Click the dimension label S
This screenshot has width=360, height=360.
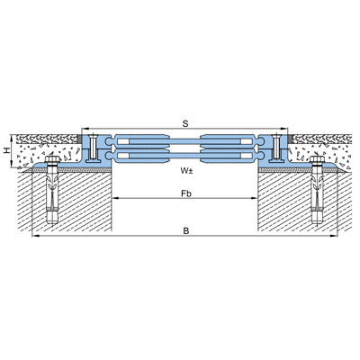185,123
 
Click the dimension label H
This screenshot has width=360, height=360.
6,151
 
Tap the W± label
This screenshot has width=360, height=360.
186,171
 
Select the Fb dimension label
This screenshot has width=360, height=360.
186,193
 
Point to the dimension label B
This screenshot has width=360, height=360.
186,231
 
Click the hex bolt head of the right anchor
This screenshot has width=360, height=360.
317,159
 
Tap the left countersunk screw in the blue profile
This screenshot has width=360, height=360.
93,147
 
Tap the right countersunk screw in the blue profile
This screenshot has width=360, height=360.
276,147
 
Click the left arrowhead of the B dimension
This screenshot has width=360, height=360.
35,236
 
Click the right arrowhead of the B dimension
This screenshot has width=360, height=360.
334,236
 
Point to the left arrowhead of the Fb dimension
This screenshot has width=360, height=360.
115,198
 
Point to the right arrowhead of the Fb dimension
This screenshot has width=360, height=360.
255,198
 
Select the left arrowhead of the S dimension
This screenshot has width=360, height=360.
85,129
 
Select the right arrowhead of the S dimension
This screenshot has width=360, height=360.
284,129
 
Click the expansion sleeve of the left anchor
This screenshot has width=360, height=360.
51,195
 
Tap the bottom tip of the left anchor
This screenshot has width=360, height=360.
51,223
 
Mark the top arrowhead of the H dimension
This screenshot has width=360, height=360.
12,137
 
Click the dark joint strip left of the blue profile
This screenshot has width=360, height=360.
80,139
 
